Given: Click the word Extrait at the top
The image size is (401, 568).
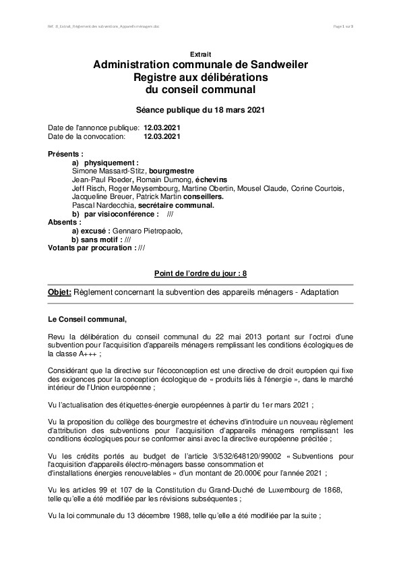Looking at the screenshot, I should pos(200,53).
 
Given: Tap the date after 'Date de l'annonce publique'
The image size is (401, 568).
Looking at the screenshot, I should pos(162,127).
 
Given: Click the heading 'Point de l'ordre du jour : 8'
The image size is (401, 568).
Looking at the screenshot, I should pos(200,272).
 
